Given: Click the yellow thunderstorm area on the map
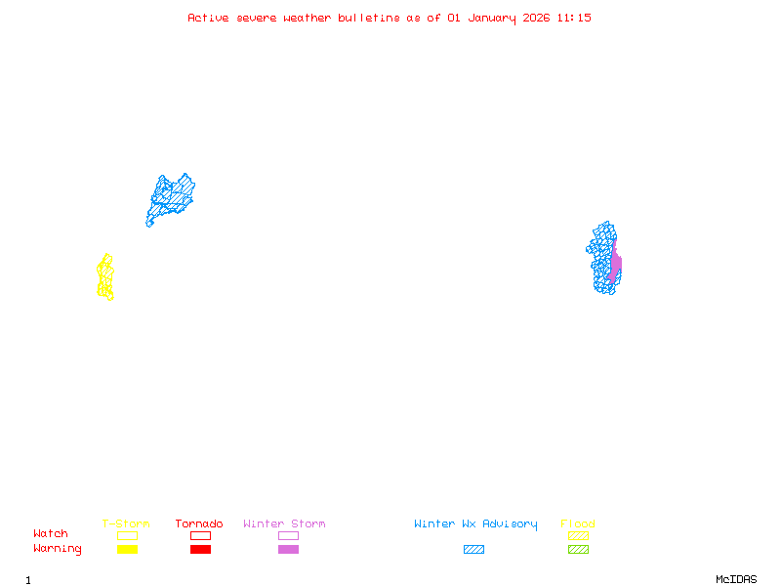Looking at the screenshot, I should (x=104, y=277).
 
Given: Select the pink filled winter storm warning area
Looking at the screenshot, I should (x=615, y=266).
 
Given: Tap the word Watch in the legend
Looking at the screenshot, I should (x=51, y=534).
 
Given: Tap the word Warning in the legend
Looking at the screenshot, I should (x=58, y=549).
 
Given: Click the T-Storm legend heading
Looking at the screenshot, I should (x=126, y=524).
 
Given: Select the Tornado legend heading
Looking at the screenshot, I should (x=199, y=524).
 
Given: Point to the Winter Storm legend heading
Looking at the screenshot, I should (x=284, y=524).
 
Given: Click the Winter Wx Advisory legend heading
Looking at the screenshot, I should (x=475, y=524).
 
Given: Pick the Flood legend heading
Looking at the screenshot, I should (x=578, y=524).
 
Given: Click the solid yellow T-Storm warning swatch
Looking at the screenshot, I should (x=127, y=550).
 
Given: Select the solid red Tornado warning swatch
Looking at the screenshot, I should (x=200, y=550).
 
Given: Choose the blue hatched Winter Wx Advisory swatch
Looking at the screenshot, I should (x=473, y=550).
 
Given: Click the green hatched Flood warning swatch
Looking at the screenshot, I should (x=578, y=550).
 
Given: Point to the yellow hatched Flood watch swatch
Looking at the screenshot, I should (x=578, y=535).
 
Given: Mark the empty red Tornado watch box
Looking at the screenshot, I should (x=200, y=535).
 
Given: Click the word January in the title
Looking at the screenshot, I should (x=492, y=18).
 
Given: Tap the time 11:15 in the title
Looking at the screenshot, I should (x=574, y=18).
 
